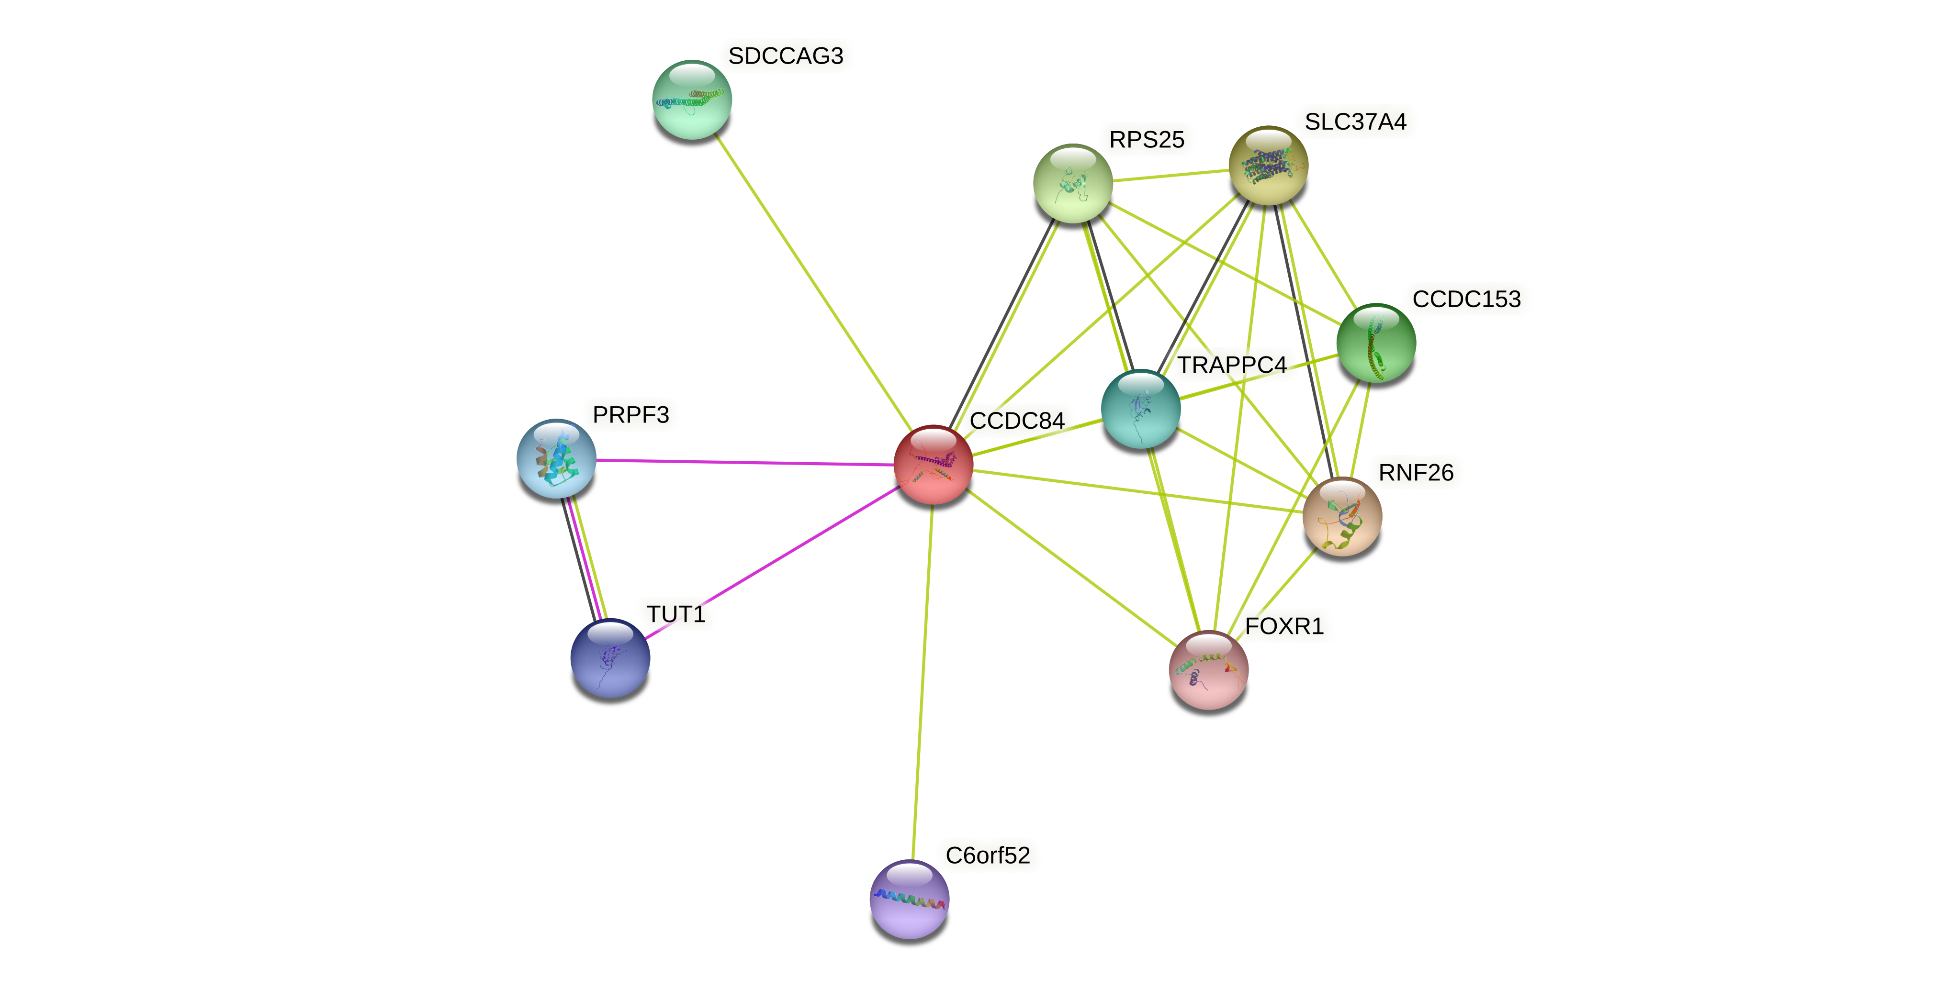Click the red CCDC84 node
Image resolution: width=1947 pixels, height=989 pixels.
point(933,465)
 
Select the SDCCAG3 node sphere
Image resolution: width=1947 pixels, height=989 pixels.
point(692,100)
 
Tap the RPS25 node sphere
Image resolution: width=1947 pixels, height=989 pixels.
point(1072,184)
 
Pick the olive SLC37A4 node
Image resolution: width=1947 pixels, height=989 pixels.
point(1268,166)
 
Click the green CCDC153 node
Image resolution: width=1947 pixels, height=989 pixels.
point(1375,343)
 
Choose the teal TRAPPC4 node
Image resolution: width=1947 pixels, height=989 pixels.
point(1140,409)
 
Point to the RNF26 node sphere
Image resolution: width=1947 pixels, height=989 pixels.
point(1341,517)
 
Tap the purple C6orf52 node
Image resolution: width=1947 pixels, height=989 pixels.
point(909,899)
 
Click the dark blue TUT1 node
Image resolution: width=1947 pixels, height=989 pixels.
point(610,658)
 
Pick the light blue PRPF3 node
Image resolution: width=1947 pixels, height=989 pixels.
point(556,458)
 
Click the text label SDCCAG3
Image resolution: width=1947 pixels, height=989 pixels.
point(785,56)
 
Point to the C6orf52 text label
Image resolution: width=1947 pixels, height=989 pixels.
point(987,856)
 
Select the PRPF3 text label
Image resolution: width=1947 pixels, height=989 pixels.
point(630,415)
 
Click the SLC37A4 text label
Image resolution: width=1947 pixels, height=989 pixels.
point(1355,122)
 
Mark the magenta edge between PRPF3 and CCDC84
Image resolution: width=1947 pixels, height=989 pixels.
point(744,462)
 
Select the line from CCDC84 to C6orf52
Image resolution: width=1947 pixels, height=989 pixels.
point(922,680)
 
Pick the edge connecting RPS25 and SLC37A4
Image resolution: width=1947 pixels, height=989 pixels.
point(1170,175)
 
